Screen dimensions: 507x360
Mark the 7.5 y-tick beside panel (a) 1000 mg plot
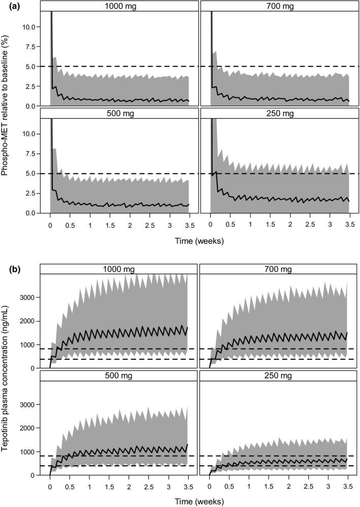pyautogui.click(x=28, y=46)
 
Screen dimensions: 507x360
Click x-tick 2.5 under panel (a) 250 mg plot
pyautogui.click(x=310, y=224)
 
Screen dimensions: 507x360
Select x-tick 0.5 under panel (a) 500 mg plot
pyautogui.click(x=70, y=224)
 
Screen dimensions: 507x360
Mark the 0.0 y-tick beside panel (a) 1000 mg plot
pyautogui.click(x=28, y=106)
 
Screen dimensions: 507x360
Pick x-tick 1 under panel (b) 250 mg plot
pyautogui.click(x=250, y=486)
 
